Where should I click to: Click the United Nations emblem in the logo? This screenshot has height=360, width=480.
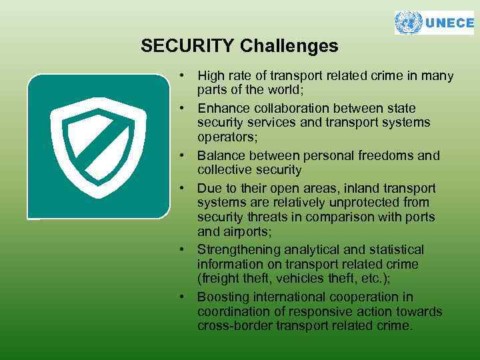tap(409, 23)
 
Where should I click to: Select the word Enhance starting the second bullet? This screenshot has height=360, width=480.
tap(221, 108)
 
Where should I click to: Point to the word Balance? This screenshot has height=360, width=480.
tap(221, 156)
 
